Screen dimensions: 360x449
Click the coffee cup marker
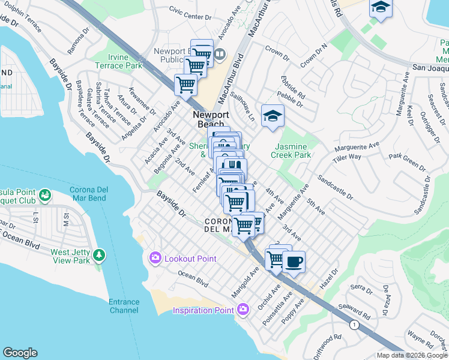[294, 262]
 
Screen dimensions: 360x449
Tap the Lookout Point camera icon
[155, 257]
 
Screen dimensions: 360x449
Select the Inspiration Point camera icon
[243, 310]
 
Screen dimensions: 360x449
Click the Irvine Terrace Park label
[119, 61]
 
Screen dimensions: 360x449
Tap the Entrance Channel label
[124, 306]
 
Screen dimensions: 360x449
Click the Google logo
[20, 353]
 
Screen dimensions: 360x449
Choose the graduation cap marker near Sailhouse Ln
[273, 115]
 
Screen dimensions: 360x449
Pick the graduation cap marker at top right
[380, 8]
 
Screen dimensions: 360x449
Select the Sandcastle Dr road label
[336, 188]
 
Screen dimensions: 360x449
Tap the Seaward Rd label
[355, 310]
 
